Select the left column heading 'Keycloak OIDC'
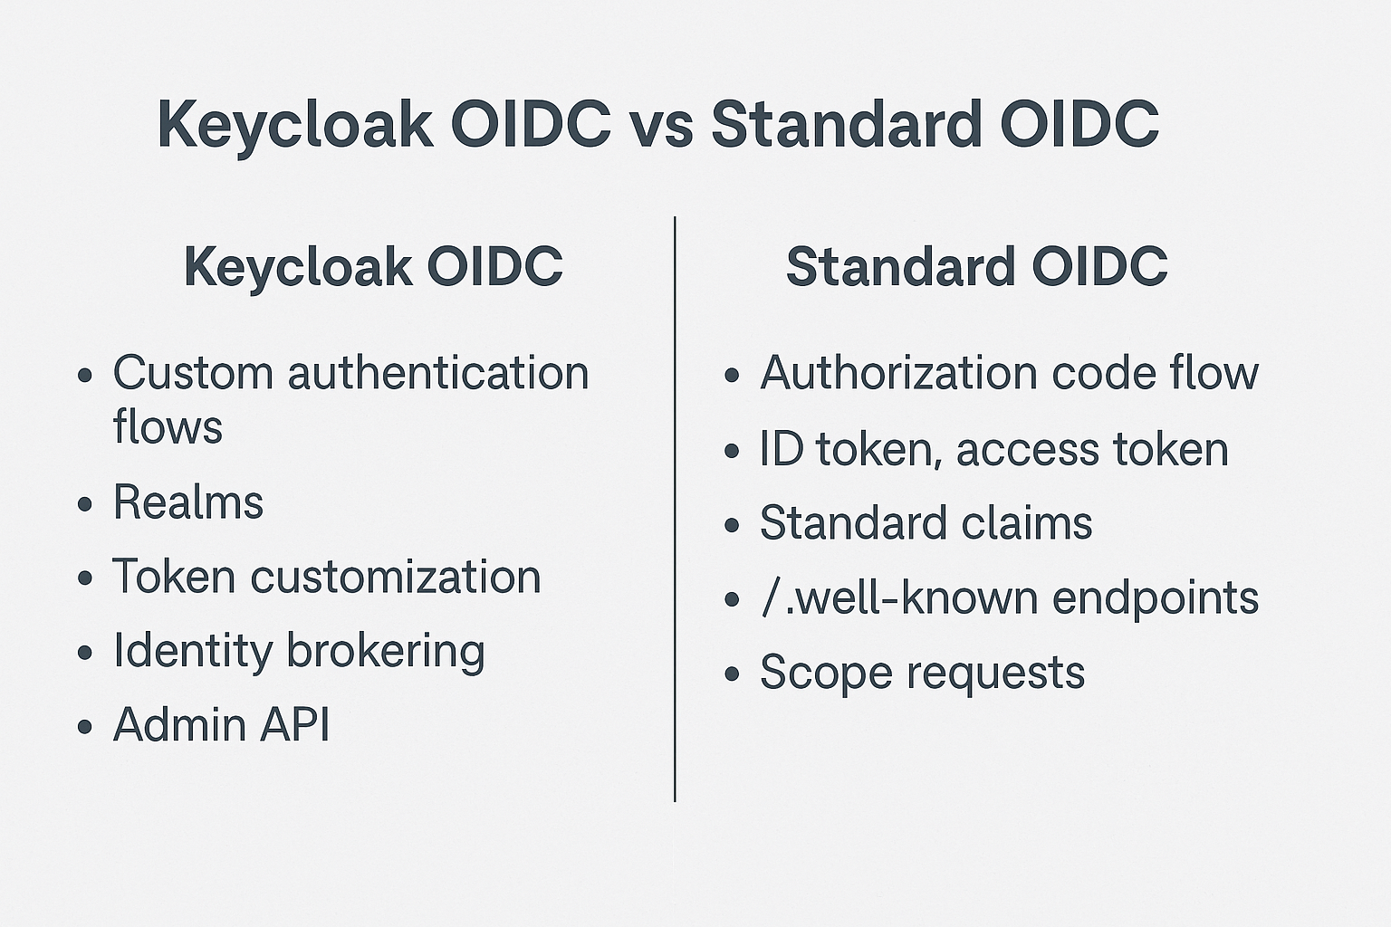coord(373,267)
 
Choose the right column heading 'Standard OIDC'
coord(976,267)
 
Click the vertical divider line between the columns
coord(675,507)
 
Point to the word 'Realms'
coord(188,502)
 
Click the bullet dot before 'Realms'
coord(85,504)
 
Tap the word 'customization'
coord(395,577)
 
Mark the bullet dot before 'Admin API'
coord(85,726)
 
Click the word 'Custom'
coord(193,373)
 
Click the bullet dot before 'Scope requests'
coord(733,674)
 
